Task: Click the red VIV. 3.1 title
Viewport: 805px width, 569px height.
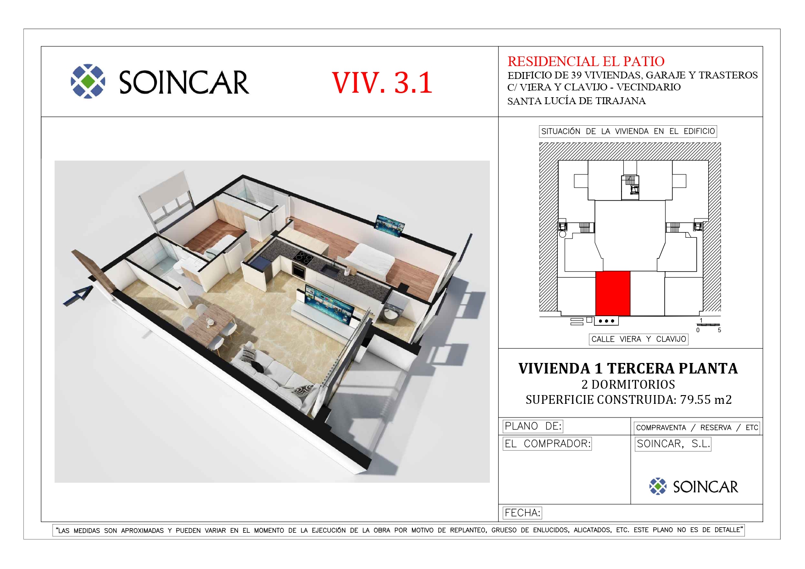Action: pyautogui.click(x=382, y=83)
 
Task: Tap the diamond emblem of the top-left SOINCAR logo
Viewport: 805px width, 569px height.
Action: pyautogui.click(x=88, y=81)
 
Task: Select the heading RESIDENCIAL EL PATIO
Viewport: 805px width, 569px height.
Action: pyautogui.click(x=586, y=61)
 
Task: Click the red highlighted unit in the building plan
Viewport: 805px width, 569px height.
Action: pyautogui.click(x=613, y=293)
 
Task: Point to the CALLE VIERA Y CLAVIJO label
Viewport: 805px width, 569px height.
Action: pyautogui.click(x=638, y=339)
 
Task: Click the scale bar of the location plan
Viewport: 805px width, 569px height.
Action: pyautogui.click(x=708, y=325)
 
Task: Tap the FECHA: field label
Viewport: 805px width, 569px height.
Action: pyautogui.click(x=522, y=513)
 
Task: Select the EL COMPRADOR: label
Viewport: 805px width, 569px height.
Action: pyautogui.click(x=547, y=444)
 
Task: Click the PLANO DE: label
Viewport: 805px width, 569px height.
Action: pyautogui.click(x=533, y=426)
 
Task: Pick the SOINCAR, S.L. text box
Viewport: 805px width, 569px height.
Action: pyautogui.click(x=673, y=444)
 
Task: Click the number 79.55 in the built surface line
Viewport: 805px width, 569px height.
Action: pyautogui.click(x=695, y=400)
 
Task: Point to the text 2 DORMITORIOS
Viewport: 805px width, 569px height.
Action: pyautogui.click(x=628, y=385)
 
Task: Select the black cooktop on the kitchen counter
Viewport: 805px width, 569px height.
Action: pyautogui.click(x=304, y=257)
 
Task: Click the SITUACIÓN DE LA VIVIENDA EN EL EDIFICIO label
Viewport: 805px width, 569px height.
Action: pyautogui.click(x=628, y=131)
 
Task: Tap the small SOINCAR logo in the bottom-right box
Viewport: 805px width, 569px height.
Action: pyautogui.click(x=694, y=486)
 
